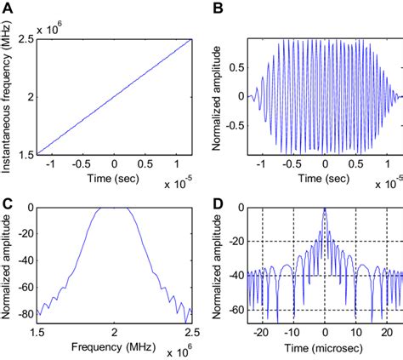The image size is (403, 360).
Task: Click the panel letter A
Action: click(8, 8)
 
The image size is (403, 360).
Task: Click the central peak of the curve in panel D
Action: click(325, 209)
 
